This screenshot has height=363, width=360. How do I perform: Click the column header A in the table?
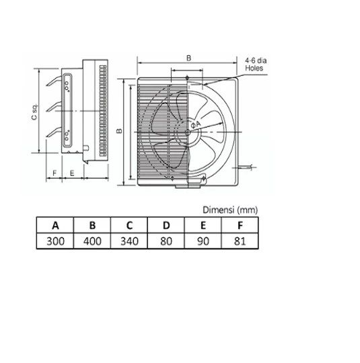pyautogui.click(x=55, y=225)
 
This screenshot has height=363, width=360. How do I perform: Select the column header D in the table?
pyautogui.click(x=166, y=225)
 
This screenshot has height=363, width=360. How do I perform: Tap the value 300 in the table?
pyautogui.click(x=55, y=241)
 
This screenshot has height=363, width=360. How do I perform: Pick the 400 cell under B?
pyautogui.click(x=92, y=241)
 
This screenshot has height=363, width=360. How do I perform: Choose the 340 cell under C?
pyautogui.click(x=129, y=241)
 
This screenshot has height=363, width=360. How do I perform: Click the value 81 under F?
pyautogui.click(x=240, y=241)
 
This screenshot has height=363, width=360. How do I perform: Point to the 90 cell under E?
pyautogui.click(x=203, y=241)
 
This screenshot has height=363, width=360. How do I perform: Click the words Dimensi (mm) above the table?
pyautogui.click(x=230, y=210)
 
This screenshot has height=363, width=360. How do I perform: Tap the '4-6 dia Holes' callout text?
pyautogui.click(x=256, y=65)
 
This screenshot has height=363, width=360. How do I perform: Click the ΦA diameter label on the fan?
pyautogui.click(x=195, y=124)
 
